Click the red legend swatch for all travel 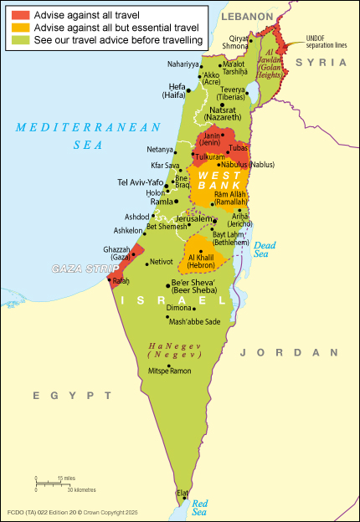click(x=18, y=14)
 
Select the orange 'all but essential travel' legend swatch click(x=18, y=27)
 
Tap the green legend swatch click(x=18, y=39)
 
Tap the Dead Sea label click(x=265, y=248)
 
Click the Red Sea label click(x=199, y=506)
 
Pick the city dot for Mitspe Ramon click(x=170, y=366)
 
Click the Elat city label click(x=183, y=494)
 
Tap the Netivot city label click(x=161, y=262)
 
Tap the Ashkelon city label click(x=128, y=230)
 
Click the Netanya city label click(x=160, y=149)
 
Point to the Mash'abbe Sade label click(x=195, y=321)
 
